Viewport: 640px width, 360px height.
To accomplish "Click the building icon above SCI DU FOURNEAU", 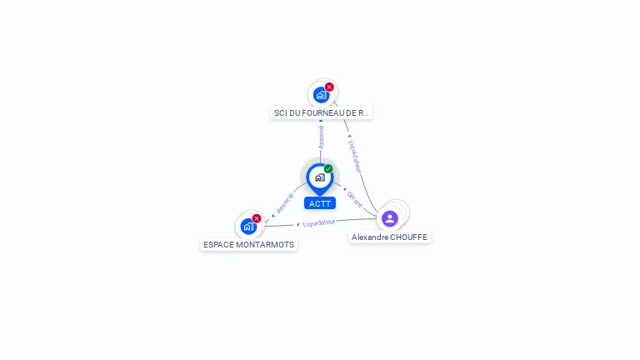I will pyautogui.click(x=321, y=95).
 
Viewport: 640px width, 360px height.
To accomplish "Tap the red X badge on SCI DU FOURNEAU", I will pyautogui.click(x=329, y=87).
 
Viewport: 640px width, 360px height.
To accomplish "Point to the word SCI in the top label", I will pyautogui.click(x=280, y=112).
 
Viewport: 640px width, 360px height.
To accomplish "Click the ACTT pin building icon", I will pyautogui.click(x=320, y=177).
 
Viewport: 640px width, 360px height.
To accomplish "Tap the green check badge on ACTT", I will pyautogui.click(x=328, y=168).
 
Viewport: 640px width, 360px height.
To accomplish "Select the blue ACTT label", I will pyautogui.click(x=320, y=203).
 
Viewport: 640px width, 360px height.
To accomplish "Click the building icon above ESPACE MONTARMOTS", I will pyautogui.click(x=248, y=226).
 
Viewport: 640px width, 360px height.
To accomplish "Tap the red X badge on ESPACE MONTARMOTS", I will pyautogui.click(x=257, y=218).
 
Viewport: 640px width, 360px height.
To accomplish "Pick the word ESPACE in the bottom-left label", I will pyautogui.click(x=218, y=245).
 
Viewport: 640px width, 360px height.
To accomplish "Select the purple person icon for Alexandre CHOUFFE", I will pyautogui.click(x=389, y=218).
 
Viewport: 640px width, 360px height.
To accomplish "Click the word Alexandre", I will pyautogui.click(x=369, y=237).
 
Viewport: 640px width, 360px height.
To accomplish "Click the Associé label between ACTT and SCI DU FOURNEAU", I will pyautogui.click(x=321, y=137).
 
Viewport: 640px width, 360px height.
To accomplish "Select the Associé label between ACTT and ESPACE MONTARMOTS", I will pyautogui.click(x=285, y=203).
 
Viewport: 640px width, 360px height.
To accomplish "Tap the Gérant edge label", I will pyautogui.click(x=355, y=199).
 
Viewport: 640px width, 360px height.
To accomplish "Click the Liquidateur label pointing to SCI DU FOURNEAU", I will pyautogui.click(x=356, y=156).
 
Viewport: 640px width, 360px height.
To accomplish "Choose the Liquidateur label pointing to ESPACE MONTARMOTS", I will pyautogui.click(x=319, y=222).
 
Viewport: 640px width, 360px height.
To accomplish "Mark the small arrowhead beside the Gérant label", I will pyautogui.click(x=345, y=188).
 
